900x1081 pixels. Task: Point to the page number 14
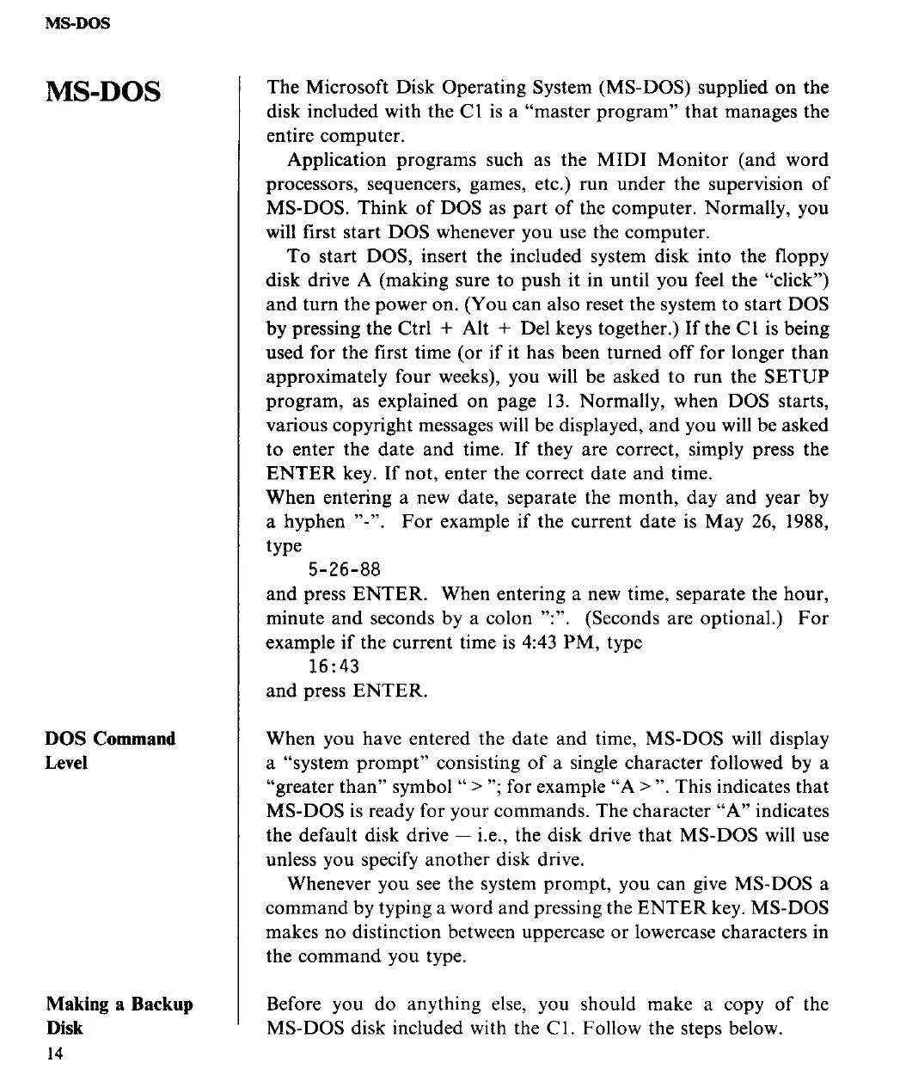click(55, 1053)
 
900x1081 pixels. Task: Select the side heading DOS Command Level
click(110, 751)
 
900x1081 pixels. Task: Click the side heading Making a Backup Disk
click(119, 1016)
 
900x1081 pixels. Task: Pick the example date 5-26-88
click(344, 570)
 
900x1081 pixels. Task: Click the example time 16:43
click(334, 666)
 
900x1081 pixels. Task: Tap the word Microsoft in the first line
click(343, 88)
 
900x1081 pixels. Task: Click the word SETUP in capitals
click(797, 377)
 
